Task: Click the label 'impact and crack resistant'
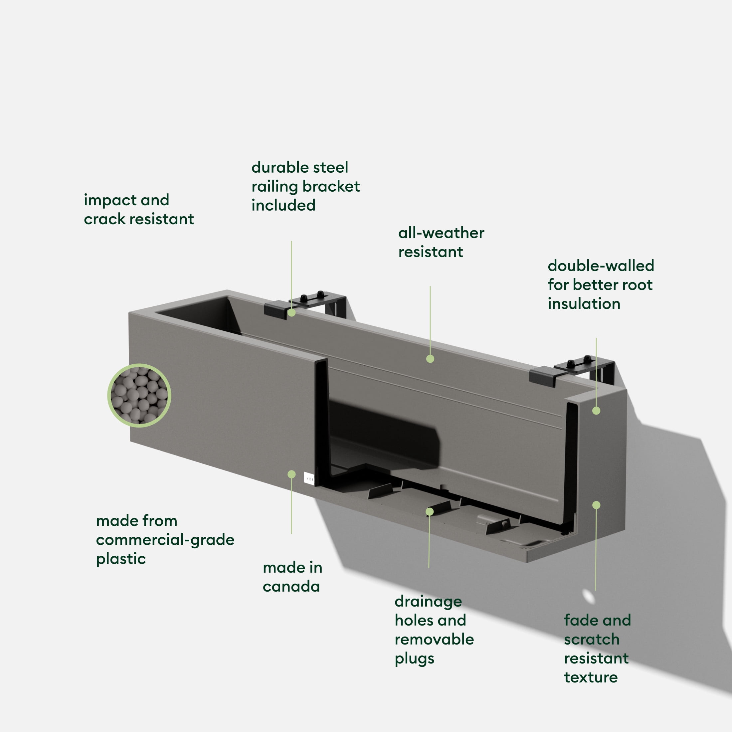[139, 210]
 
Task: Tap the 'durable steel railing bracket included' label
[305, 186]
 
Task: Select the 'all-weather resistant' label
[441, 243]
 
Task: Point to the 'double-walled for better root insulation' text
[601, 284]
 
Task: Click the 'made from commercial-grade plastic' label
[165, 540]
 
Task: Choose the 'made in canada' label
[292, 577]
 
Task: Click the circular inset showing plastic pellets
[139, 396]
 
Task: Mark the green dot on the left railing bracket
[291, 312]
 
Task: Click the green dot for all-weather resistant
[430, 359]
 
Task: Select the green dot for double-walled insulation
[596, 411]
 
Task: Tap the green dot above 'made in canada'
[291, 474]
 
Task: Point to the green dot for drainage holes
[429, 512]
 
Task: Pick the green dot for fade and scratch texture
[596, 505]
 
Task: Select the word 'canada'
[291, 587]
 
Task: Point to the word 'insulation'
[584, 304]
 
